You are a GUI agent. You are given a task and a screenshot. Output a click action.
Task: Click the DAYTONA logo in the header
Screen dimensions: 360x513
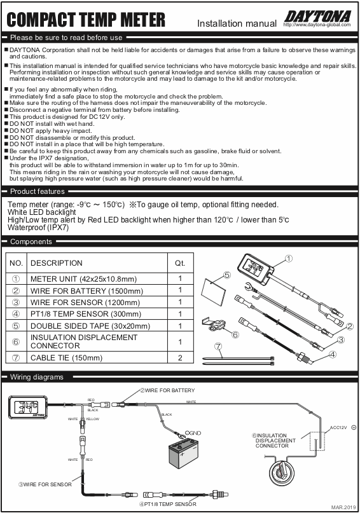tap(318, 17)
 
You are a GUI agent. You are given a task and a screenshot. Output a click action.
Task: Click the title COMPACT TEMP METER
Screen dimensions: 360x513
tap(86, 20)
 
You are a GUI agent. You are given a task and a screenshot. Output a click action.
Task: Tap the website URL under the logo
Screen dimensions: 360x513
tap(317, 25)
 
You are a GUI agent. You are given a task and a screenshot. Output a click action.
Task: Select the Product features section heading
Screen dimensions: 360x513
tap(38, 191)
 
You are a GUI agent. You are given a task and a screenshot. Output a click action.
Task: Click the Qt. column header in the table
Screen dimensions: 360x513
tap(180, 263)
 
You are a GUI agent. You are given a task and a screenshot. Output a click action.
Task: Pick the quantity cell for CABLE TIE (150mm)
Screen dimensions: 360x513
tap(180, 358)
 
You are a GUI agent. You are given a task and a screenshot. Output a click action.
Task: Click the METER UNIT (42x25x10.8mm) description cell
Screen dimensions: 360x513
tap(83, 278)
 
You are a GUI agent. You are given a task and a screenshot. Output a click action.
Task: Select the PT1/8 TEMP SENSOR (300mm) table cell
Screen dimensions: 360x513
tap(86, 314)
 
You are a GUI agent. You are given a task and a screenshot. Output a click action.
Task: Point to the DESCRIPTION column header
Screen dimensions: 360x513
tap(57, 263)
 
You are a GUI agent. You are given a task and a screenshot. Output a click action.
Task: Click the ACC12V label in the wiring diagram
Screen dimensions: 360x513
tap(338, 428)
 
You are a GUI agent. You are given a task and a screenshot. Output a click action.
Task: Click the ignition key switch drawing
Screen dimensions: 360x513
tap(282, 471)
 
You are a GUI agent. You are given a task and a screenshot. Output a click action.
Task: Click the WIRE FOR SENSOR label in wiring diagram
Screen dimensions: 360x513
tap(45, 484)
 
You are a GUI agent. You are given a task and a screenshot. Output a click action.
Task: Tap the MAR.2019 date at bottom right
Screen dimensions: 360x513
tap(343, 507)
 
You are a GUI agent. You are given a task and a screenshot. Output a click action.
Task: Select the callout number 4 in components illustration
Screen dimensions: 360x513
tap(333, 354)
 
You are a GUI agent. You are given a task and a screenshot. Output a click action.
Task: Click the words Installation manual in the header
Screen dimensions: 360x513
tap(237, 24)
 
